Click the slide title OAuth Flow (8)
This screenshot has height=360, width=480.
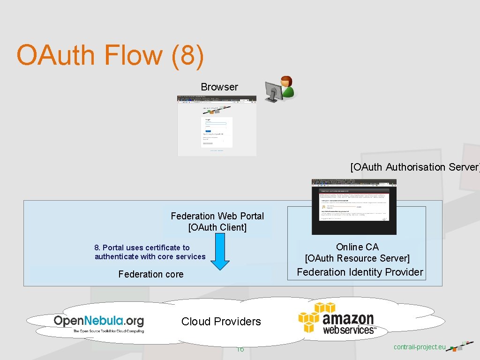coord(110,55)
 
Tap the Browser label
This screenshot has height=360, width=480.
coord(219,87)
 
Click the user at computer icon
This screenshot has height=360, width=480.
coord(280,89)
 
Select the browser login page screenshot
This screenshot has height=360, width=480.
coord(217,126)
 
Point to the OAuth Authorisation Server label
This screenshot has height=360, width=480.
coord(414,167)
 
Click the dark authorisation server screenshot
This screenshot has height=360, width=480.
coord(354,207)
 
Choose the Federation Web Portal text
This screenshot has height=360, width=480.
coord(217,216)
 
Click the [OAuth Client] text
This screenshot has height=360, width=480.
coord(217,227)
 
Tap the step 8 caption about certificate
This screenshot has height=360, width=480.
coord(150,252)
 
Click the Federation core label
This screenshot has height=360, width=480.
coord(151,274)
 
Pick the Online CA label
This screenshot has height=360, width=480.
coord(357,247)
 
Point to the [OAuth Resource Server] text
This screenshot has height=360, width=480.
coord(357,258)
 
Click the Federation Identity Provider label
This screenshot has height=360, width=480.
coord(360,272)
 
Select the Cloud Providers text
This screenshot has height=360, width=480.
coord(221,322)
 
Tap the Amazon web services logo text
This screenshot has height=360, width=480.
coord(349,324)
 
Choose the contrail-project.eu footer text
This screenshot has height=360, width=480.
coord(419,347)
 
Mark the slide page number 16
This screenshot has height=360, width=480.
coord(240,349)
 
